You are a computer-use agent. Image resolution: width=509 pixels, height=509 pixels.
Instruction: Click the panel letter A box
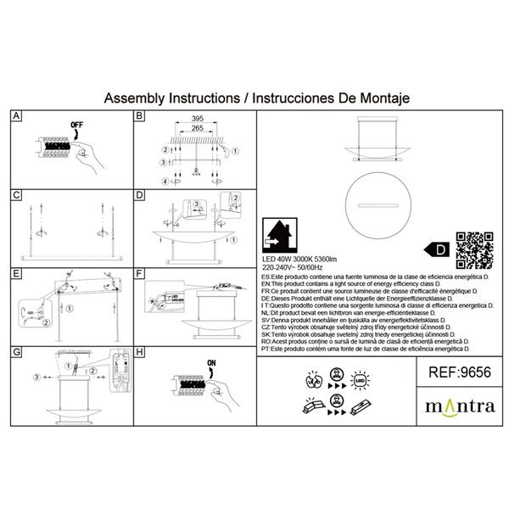pyautogui.click(x=16, y=117)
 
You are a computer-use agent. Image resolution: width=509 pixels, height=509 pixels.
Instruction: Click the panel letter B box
pyautogui.click(x=139, y=117)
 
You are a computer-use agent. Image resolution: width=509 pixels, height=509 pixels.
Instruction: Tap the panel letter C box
pyautogui.click(x=16, y=195)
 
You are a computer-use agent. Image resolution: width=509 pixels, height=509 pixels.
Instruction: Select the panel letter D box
pyautogui.click(x=139, y=195)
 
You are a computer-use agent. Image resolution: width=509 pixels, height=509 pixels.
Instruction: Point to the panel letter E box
pyautogui.click(x=16, y=274)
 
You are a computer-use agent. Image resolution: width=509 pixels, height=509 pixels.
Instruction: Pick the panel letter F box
pyautogui.click(x=139, y=274)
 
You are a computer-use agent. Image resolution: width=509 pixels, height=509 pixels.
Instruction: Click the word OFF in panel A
pyautogui.click(x=78, y=128)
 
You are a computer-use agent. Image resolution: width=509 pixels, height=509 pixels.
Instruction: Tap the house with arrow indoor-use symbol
pyautogui.click(x=279, y=232)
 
